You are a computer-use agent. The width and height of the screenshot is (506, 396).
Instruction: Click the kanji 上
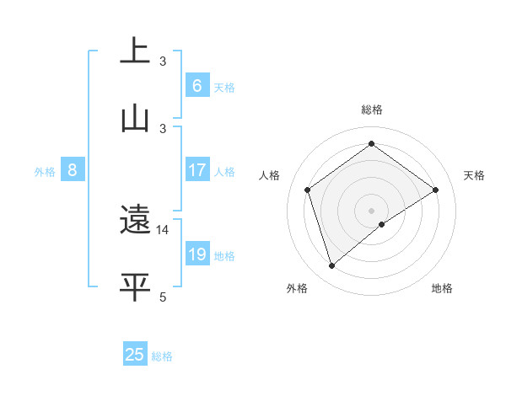click(x=135, y=51)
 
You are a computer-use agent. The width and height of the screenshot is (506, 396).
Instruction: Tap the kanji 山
click(x=135, y=117)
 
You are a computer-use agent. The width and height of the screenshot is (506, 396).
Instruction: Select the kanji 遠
click(x=135, y=220)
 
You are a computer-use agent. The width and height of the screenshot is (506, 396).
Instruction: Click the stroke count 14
click(x=163, y=229)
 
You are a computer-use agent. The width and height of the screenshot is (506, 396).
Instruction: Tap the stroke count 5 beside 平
click(x=163, y=296)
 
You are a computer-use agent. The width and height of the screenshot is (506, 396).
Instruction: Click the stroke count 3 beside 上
click(x=163, y=61)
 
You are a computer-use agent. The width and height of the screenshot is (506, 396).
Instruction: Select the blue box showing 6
click(x=196, y=85)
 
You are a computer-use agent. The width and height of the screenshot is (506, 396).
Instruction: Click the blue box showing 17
click(x=196, y=169)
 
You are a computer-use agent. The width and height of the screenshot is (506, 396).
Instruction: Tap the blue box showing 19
click(x=196, y=254)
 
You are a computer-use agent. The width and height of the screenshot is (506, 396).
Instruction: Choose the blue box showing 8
click(x=73, y=170)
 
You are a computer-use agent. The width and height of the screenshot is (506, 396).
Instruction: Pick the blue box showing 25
click(x=135, y=355)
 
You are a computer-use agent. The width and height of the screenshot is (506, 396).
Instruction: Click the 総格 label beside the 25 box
click(x=162, y=356)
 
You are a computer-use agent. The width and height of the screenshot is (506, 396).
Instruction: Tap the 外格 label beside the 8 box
click(x=45, y=172)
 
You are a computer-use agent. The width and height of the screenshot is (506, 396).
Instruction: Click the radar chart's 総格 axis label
click(x=371, y=110)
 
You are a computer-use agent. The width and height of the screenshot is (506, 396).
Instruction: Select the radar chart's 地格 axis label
click(x=442, y=288)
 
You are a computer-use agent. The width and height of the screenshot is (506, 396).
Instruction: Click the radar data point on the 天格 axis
click(x=435, y=190)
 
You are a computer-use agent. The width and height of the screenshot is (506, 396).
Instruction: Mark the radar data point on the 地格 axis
click(x=382, y=224)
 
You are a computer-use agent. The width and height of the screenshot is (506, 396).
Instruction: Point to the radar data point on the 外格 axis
click(x=331, y=266)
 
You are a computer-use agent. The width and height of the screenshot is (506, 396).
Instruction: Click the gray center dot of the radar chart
click(x=371, y=209)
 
